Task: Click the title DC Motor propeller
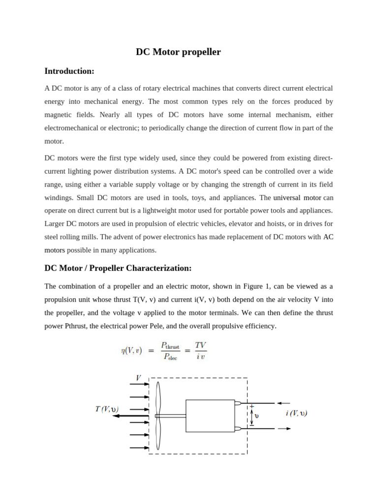(x=178, y=52)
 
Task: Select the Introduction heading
(x=69, y=71)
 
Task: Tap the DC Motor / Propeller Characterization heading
(x=118, y=268)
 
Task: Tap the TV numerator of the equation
(x=200, y=346)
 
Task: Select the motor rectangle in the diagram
(x=210, y=415)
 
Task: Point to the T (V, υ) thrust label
(x=107, y=409)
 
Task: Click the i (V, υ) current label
(x=296, y=413)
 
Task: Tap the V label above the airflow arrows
(x=138, y=378)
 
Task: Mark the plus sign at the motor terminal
(x=252, y=407)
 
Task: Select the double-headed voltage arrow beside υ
(x=252, y=417)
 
